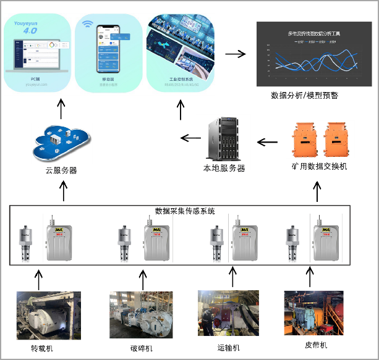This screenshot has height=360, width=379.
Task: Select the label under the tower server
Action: [x=224, y=167]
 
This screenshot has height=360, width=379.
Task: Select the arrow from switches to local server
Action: [x=267, y=143]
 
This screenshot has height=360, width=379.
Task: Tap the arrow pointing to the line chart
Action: [x=235, y=54]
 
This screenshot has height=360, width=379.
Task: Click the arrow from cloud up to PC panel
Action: [x=60, y=108]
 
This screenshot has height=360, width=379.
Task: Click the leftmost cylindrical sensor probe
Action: [x=28, y=240]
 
